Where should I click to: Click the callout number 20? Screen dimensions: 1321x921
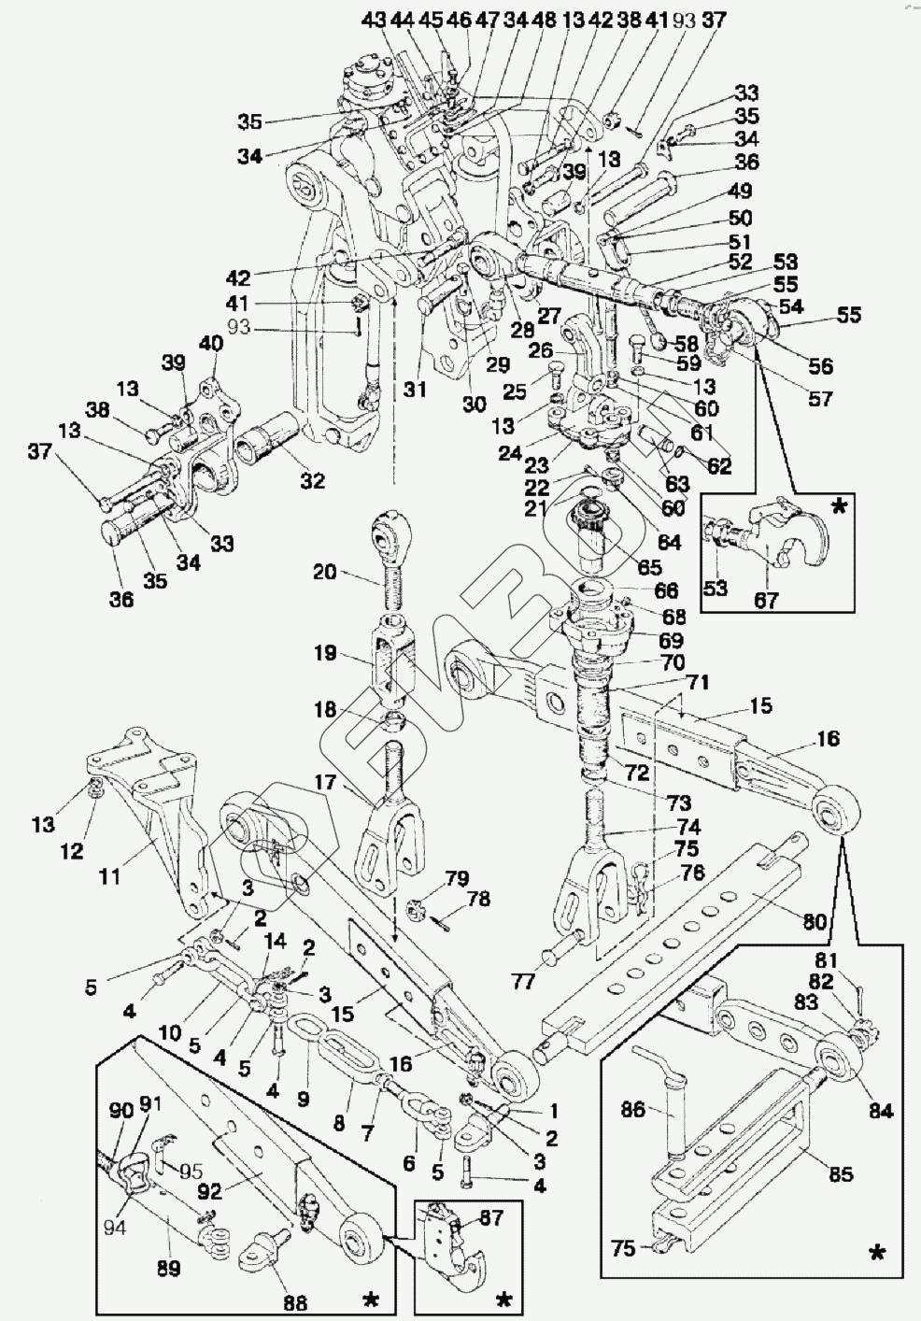[x=324, y=572]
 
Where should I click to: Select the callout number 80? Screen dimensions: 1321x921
[x=814, y=923]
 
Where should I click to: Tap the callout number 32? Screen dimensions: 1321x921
[x=312, y=481]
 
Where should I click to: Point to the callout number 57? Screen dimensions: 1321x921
[x=820, y=399]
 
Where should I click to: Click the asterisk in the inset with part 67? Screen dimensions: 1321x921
[x=840, y=506]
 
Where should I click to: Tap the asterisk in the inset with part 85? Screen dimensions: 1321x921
[x=876, y=1252]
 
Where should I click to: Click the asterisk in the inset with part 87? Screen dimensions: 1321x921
[x=503, y=1300]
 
